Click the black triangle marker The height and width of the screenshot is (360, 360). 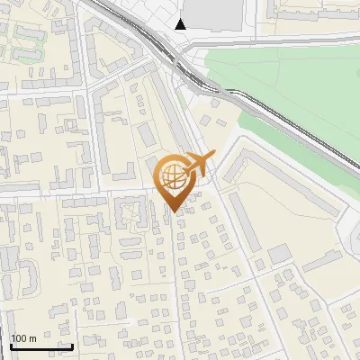(182, 24)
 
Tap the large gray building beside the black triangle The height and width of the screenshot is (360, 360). (213, 12)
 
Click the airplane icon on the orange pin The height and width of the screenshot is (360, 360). (200, 164)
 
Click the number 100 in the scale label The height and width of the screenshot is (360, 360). (19, 338)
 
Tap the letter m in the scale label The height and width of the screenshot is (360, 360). (31, 338)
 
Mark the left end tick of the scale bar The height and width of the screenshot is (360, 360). (11, 346)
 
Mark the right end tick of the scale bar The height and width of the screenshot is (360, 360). (72, 346)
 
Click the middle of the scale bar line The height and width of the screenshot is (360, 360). (41, 347)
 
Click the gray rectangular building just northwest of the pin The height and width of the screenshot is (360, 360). (147, 135)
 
